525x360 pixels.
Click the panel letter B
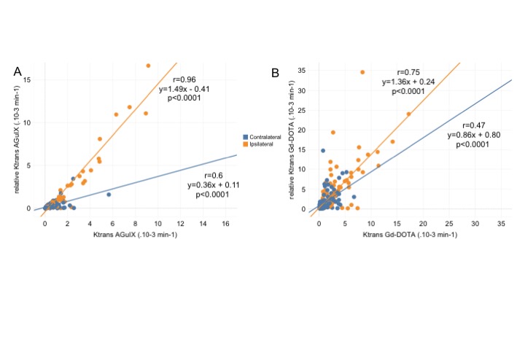pos(276,73)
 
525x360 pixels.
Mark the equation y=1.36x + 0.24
pos(408,82)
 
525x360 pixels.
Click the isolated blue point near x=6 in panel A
pos(109,195)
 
